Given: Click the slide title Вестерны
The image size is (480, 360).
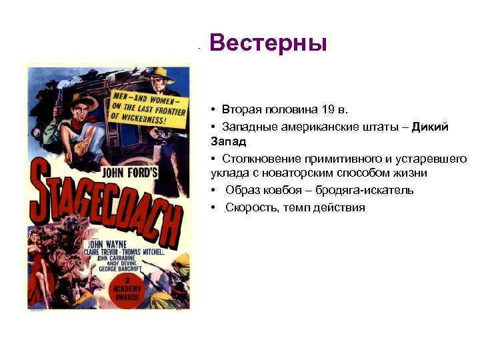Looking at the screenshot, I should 269,44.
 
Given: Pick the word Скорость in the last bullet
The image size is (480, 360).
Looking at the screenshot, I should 249,207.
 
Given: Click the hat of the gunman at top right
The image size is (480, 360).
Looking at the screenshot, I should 160,72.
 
